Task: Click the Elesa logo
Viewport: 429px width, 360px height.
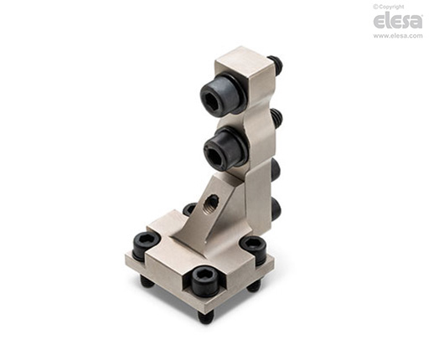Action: tap(398, 22)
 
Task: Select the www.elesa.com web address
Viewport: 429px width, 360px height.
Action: tap(398, 35)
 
